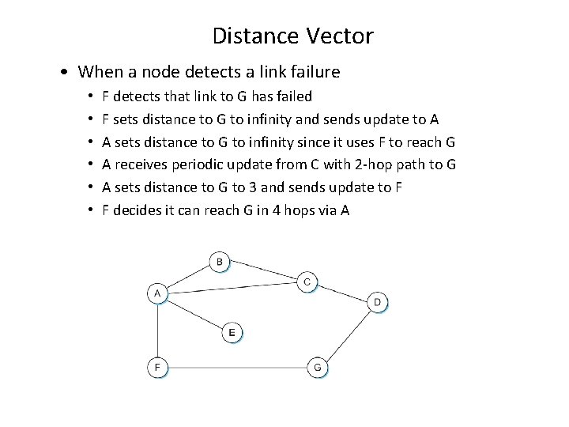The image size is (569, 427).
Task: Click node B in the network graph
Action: [220, 261]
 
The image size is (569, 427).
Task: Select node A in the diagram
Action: [157, 294]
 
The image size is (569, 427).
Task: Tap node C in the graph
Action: [307, 282]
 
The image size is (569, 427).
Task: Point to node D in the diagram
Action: [378, 301]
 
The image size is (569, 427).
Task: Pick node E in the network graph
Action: [232, 333]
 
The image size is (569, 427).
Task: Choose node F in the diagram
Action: [157, 367]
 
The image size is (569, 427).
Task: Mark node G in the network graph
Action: [318, 367]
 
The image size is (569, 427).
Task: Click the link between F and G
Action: [237, 367]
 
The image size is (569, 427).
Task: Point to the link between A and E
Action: [194, 314]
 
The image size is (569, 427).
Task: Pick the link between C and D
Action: [342, 292]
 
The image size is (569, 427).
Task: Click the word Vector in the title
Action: [341, 36]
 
